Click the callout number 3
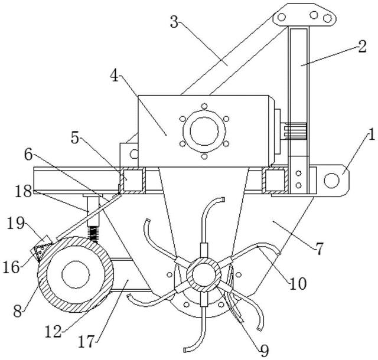pyautogui.click(x=174, y=22)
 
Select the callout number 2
pyautogui.click(x=362, y=47)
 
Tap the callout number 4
pyautogui.click(x=115, y=77)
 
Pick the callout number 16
pyautogui.click(x=11, y=267)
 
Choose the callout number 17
pyautogui.click(x=86, y=342)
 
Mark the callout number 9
pyautogui.click(x=264, y=351)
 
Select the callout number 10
pyautogui.click(x=298, y=284)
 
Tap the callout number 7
pyautogui.click(x=320, y=249)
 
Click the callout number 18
pyautogui.click(x=24, y=192)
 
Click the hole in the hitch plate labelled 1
pyautogui.click(x=332, y=181)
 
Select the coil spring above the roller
pyautogui.click(x=93, y=234)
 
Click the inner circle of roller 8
pyautogui.click(x=76, y=274)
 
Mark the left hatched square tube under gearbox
pyautogui.click(x=133, y=181)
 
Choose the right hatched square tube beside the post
pyautogui.click(x=275, y=181)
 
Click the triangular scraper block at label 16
pyautogui.click(x=41, y=251)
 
